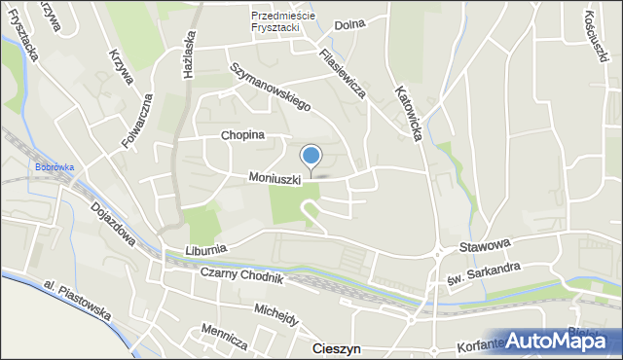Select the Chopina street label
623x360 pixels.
tap(242, 135)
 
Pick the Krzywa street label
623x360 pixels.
tap(122, 67)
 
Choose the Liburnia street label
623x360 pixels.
tap(203, 250)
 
